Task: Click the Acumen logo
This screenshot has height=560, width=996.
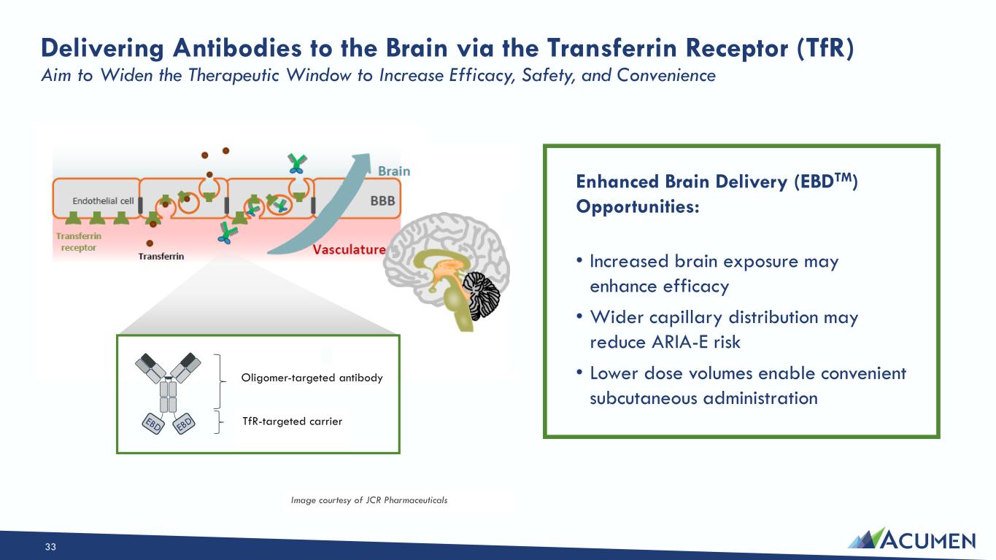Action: pos(911,540)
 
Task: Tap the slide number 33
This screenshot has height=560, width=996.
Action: pos(50,547)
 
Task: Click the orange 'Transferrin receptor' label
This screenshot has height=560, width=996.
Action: pos(78,241)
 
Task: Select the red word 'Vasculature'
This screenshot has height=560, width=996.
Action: pos(349,249)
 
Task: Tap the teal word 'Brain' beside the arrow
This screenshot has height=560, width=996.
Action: pos(393,171)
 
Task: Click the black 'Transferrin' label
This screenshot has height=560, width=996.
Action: pos(161,256)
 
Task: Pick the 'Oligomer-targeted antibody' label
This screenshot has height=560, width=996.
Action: pos(312,378)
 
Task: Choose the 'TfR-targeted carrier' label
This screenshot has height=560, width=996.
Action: pos(292,421)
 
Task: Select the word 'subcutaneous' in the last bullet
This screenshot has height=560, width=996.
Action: pos(641,398)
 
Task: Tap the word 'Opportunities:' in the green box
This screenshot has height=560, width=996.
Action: pos(637,206)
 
